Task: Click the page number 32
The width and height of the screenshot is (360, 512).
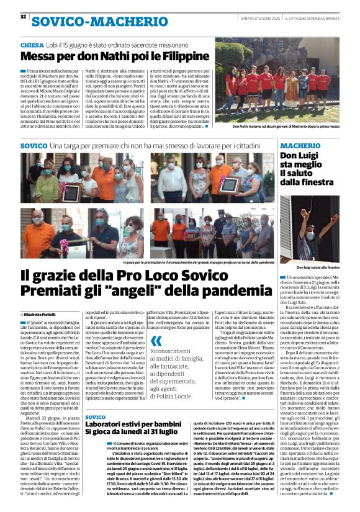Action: [23, 17]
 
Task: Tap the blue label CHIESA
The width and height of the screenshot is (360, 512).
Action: [32, 45]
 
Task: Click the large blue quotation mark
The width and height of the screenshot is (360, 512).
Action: [156, 341]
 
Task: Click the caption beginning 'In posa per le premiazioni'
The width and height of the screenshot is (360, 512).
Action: [186, 263]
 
